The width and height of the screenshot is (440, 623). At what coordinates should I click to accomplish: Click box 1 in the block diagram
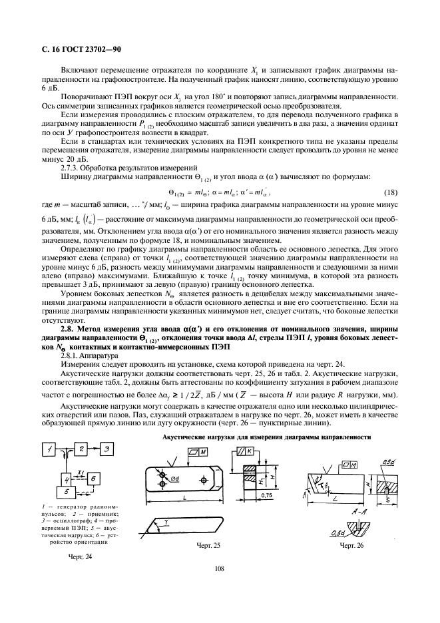[50, 451]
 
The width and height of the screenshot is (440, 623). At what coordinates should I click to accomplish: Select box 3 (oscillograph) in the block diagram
[105, 451]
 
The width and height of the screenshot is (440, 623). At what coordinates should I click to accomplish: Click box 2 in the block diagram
[78, 451]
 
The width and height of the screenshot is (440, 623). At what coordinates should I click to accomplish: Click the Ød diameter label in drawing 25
[175, 479]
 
